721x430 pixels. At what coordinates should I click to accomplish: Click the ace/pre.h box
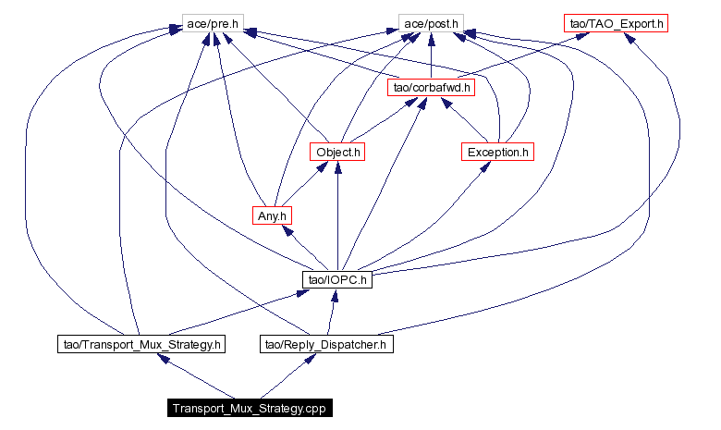point(213,23)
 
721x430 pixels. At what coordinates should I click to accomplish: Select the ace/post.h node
point(431,23)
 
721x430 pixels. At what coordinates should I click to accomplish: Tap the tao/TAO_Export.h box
point(616,23)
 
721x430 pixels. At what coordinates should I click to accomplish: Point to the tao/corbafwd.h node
point(432,87)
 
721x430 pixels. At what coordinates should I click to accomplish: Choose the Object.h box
point(337,152)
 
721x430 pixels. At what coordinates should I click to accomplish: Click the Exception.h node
point(497,152)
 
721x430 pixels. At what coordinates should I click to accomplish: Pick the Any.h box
point(272,215)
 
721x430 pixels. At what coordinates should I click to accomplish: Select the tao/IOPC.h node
point(337,279)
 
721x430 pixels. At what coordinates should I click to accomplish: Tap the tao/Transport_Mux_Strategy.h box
point(141,344)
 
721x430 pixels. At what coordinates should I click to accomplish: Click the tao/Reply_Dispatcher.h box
point(326,344)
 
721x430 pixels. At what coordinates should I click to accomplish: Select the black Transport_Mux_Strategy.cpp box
point(250,408)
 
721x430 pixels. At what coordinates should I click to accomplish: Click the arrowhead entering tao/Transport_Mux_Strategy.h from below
point(165,358)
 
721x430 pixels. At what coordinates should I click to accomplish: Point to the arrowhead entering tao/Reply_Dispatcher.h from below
point(310,358)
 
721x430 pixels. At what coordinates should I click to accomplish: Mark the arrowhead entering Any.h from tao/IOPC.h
point(287,230)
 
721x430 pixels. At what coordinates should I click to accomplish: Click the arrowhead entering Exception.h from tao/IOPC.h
point(484,167)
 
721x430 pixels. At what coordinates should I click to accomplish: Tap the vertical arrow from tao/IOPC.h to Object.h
point(338,215)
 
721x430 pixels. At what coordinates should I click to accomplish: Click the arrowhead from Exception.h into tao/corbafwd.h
point(447,102)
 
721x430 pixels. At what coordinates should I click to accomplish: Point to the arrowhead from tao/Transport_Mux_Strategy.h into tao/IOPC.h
point(302,292)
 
